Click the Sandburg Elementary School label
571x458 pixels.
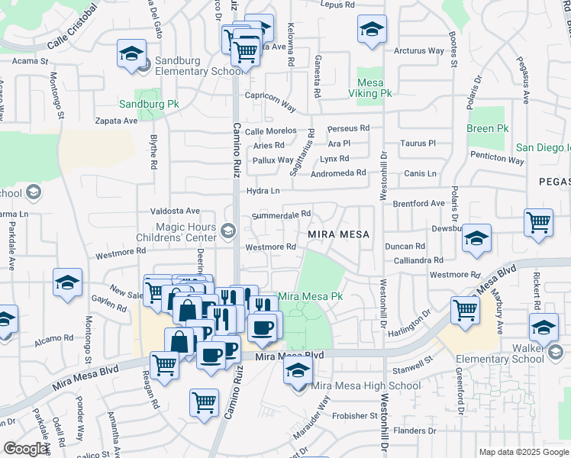(x=192, y=66)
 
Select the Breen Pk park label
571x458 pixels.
(x=487, y=128)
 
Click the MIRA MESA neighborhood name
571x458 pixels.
(x=338, y=234)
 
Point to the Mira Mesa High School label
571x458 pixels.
(x=366, y=385)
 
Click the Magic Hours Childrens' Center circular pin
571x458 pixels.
(x=227, y=231)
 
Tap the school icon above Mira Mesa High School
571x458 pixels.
(x=298, y=372)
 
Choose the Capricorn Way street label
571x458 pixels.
(x=269, y=101)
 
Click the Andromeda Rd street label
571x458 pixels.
(x=338, y=173)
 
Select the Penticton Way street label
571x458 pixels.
(x=497, y=160)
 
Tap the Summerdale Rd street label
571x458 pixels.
(x=282, y=214)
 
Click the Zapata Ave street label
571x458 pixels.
(x=116, y=121)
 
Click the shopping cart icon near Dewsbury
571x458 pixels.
(x=538, y=222)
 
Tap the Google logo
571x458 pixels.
(x=25, y=449)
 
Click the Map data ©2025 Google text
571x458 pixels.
(x=523, y=452)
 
